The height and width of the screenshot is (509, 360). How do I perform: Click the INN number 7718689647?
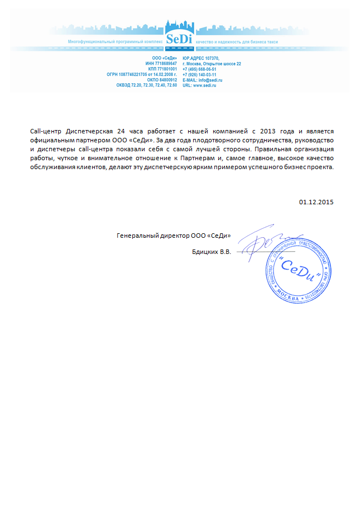click(165, 64)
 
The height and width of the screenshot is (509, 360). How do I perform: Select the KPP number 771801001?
click(167, 69)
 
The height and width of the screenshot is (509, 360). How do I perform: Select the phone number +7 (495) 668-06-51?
click(199, 69)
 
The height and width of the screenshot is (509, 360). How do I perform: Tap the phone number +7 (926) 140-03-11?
click(199, 74)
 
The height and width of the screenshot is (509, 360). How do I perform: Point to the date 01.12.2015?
click(316, 201)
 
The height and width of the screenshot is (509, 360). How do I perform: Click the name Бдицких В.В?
click(211, 252)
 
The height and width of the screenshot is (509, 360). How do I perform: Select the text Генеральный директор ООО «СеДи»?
click(174, 236)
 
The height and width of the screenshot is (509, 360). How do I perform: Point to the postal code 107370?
click(213, 58)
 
